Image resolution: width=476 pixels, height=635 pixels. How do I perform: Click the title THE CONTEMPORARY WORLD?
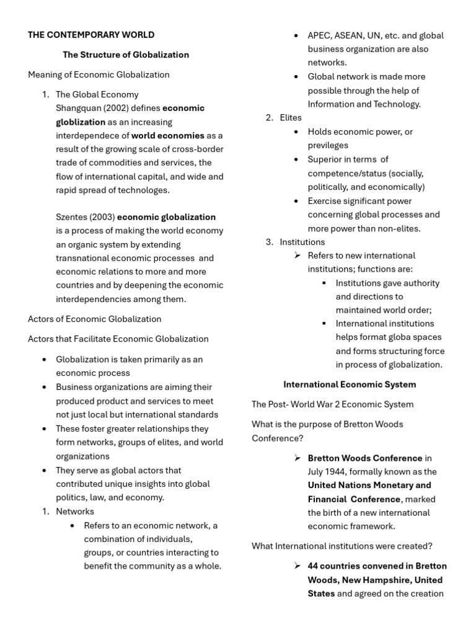[91, 35]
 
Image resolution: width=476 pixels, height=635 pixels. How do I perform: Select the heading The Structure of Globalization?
[126, 55]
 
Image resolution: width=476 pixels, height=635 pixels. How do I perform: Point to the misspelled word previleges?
[328, 146]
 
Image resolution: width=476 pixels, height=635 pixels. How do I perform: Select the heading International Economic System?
[350, 384]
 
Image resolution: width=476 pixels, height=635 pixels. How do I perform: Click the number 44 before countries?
[314, 566]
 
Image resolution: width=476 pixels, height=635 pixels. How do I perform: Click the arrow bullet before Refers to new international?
[297, 255]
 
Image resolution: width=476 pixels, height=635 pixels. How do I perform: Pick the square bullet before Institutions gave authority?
[325, 283]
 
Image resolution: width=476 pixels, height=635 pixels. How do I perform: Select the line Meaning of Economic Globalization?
[99, 74]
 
